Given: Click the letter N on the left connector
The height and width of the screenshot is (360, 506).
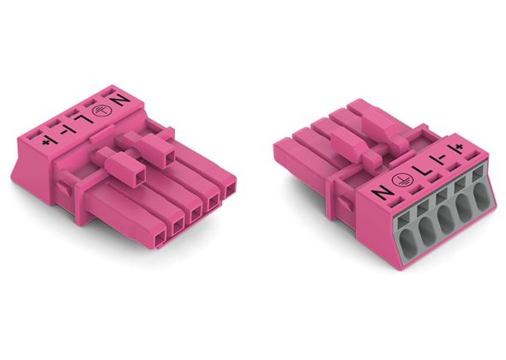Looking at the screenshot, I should point(119,100).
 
